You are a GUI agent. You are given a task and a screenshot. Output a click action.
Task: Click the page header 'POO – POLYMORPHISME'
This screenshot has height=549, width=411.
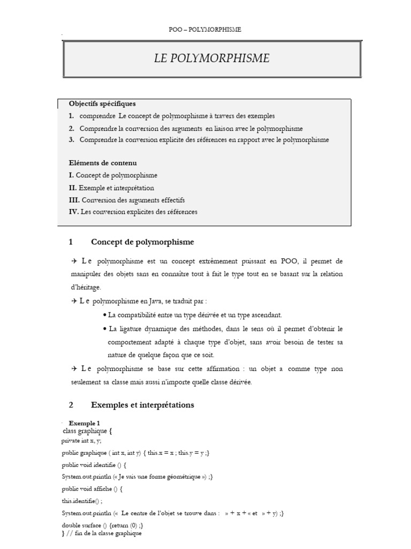(x=205, y=29)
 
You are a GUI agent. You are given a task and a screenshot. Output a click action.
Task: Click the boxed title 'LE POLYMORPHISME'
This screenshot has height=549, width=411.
(x=212, y=58)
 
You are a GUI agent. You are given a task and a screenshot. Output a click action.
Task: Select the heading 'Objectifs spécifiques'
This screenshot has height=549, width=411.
(x=102, y=103)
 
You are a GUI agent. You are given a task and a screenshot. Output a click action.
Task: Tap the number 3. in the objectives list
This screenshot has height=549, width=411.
(x=71, y=140)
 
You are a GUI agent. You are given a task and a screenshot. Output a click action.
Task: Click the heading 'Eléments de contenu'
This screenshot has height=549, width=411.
(x=103, y=162)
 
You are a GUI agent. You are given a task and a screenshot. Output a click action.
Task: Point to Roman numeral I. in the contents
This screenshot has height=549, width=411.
(x=71, y=175)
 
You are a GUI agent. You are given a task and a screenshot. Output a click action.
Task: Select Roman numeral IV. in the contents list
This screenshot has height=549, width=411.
(x=73, y=212)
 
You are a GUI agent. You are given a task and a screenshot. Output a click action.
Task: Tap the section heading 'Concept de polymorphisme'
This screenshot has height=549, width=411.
(x=142, y=242)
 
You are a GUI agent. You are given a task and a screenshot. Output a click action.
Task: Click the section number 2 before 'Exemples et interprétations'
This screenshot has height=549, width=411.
(x=71, y=405)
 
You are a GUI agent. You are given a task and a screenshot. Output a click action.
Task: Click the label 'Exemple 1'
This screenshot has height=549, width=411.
(x=85, y=423)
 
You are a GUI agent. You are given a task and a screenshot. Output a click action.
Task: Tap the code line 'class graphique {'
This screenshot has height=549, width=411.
(x=87, y=431)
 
